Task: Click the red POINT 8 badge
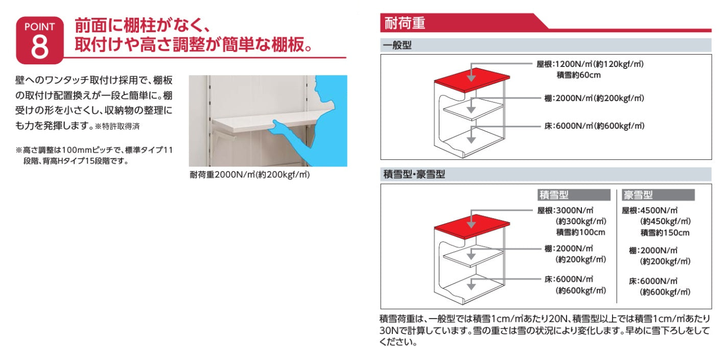tap(40, 40)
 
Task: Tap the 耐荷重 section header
tap(405, 23)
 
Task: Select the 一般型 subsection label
tap(397, 45)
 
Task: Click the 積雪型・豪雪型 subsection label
tap(414, 175)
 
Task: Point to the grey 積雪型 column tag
tap(574, 195)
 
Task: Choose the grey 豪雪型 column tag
tap(658, 195)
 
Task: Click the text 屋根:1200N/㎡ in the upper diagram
tap(564, 64)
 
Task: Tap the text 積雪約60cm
tap(578, 75)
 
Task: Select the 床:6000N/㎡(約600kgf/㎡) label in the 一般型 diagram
tap(595, 126)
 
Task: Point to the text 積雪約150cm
tap(665, 233)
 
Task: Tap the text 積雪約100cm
tap(581, 232)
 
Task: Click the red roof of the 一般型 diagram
tap(472, 80)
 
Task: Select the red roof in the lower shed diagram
tap(472, 226)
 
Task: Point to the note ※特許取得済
tap(117, 127)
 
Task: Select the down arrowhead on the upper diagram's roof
tap(471, 78)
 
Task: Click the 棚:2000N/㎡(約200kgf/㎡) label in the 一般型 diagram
tap(595, 98)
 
